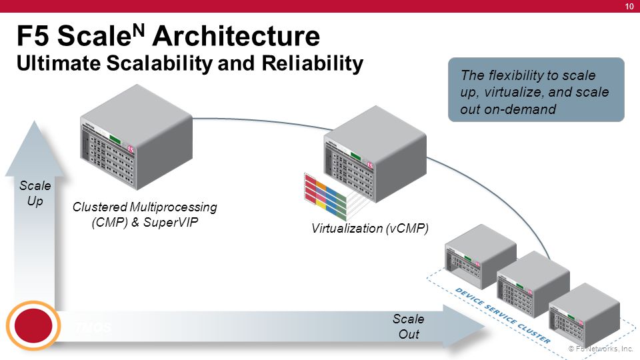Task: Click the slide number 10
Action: (x=629, y=7)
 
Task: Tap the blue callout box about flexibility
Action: (x=536, y=90)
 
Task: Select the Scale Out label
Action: (x=408, y=326)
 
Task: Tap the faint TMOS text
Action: (x=92, y=327)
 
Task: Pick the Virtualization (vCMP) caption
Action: (x=369, y=229)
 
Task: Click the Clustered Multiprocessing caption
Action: (x=145, y=207)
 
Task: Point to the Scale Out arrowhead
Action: (x=467, y=327)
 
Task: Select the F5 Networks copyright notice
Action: (x=600, y=349)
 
